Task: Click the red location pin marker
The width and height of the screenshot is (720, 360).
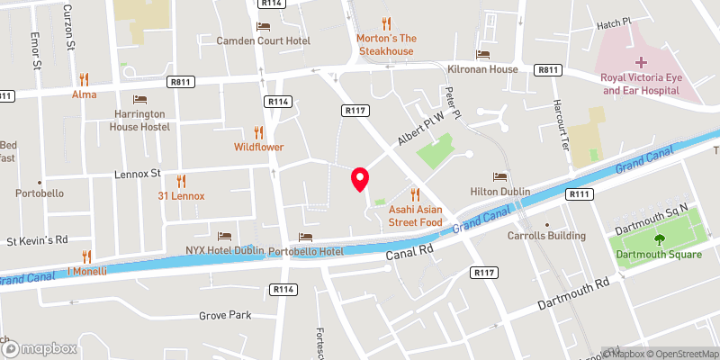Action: tap(360, 179)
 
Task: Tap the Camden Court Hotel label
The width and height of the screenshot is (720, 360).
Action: tap(264, 41)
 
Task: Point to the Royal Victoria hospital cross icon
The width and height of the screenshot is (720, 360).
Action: tap(641, 62)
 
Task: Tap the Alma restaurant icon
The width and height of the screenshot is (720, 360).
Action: tap(84, 78)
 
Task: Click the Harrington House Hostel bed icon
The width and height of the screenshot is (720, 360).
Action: tap(139, 99)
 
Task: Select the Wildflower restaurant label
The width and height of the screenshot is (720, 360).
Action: tap(259, 146)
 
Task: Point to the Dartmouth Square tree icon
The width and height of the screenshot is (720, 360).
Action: tap(659, 238)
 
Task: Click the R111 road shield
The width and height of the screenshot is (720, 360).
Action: tap(577, 193)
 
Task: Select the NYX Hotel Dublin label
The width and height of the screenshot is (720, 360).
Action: tap(225, 249)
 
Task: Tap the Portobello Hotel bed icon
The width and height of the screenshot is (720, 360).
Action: tap(306, 237)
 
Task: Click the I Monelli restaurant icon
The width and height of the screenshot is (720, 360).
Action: tap(86, 256)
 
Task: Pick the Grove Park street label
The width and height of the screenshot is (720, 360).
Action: tap(226, 316)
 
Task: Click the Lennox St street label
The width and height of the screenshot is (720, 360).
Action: tap(137, 172)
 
